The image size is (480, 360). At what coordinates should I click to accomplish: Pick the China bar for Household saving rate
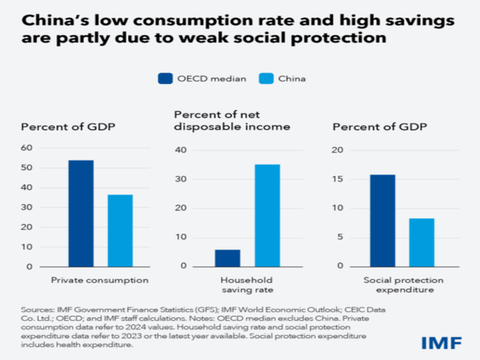pos(268,215)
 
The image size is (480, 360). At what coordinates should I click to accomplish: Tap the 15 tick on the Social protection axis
pos(339,179)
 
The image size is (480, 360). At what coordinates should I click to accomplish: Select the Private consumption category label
pos(100,280)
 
